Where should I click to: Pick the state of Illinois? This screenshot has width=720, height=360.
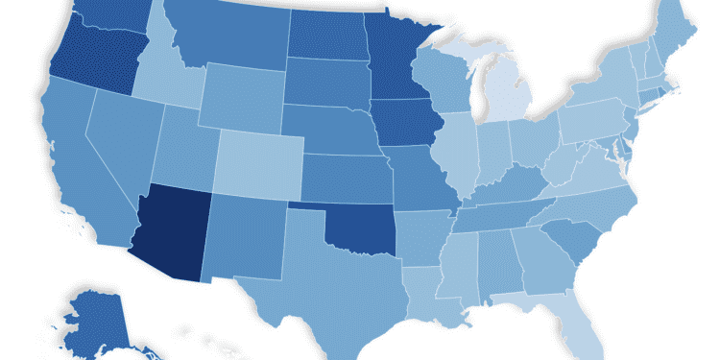point(458,154)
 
